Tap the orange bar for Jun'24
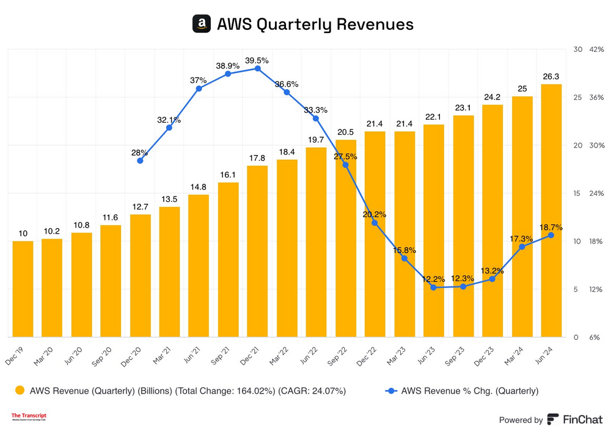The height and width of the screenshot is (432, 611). pyautogui.click(x=552, y=211)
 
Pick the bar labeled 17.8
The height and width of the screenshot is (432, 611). pyautogui.click(x=257, y=251)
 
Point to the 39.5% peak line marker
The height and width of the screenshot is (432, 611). pyautogui.click(x=257, y=68)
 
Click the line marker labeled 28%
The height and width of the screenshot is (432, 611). pyautogui.click(x=140, y=160)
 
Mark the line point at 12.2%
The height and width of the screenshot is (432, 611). pyautogui.click(x=434, y=287)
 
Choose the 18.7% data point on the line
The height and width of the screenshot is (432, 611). pyautogui.click(x=551, y=235)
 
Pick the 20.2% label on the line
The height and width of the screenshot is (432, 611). pyautogui.click(x=375, y=214)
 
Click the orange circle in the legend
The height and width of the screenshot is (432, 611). pyautogui.click(x=20, y=391)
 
